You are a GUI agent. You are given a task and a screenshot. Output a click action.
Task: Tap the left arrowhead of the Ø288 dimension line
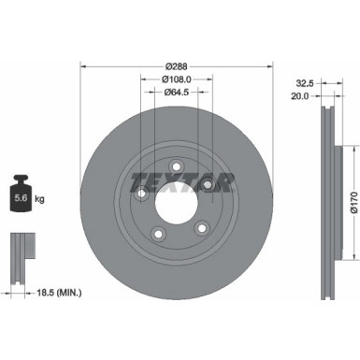(84, 66)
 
